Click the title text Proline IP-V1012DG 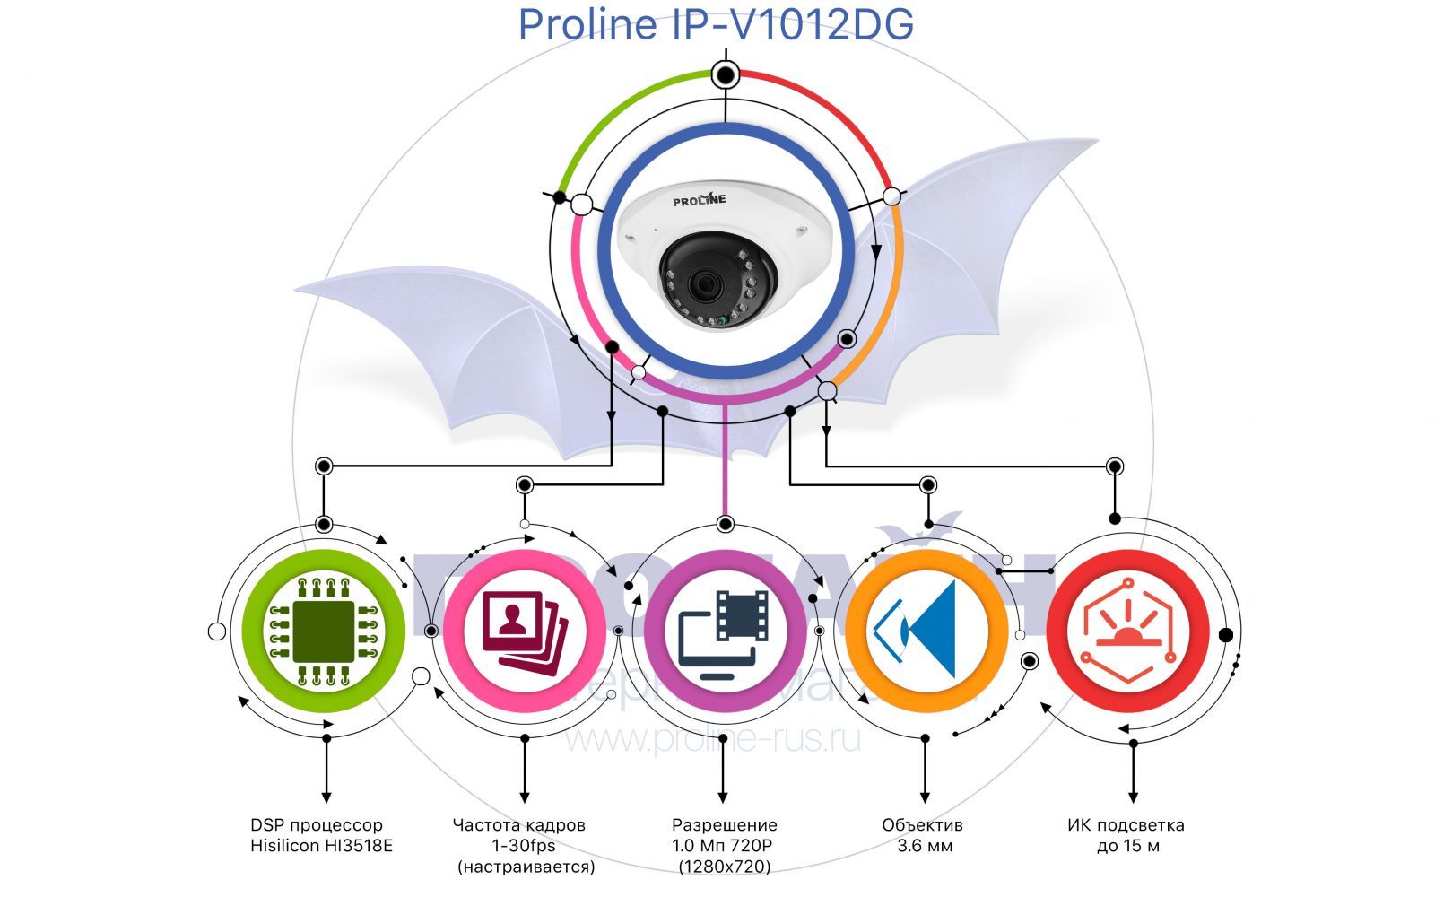click(x=716, y=24)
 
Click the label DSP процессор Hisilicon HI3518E click(x=321, y=835)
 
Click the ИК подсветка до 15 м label click(x=1126, y=835)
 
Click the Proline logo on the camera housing click(x=700, y=199)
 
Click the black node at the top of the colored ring click(x=725, y=74)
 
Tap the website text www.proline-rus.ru click(x=712, y=739)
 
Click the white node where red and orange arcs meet click(x=891, y=196)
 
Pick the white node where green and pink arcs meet click(x=581, y=205)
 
